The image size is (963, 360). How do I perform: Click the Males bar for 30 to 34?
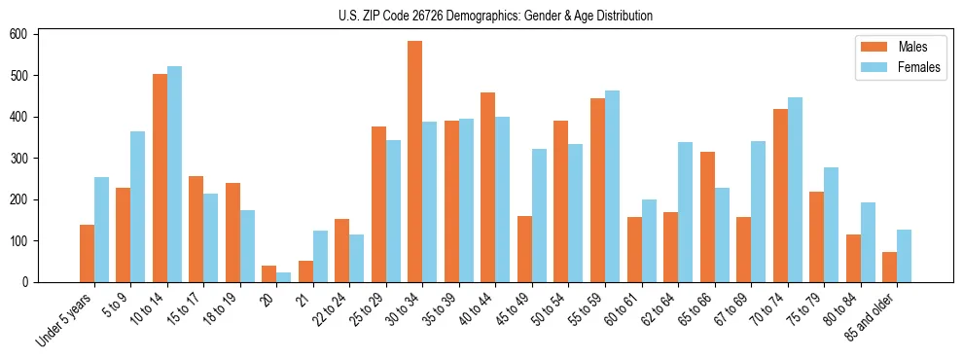415,162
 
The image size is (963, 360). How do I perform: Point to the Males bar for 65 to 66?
707,217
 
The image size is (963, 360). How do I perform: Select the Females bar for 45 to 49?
539,215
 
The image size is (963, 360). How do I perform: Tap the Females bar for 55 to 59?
612,186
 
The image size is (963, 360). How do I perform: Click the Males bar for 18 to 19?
232,233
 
